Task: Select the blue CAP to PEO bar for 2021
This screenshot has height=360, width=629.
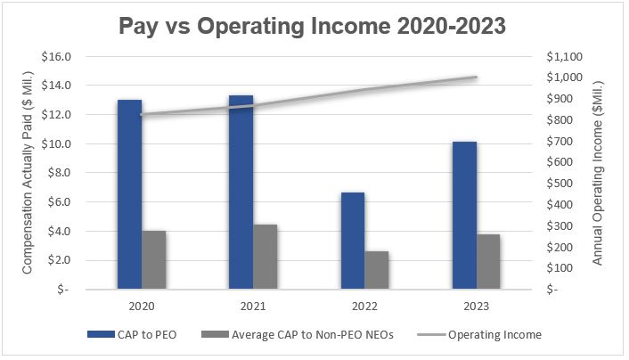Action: click(241, 192)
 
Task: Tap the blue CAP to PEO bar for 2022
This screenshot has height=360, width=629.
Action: click(352, 241)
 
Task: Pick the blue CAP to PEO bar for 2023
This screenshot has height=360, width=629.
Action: click(463, 215)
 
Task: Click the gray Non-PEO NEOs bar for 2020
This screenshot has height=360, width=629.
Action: click(154, 260)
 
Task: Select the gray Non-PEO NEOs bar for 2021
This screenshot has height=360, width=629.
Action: click(265, 257)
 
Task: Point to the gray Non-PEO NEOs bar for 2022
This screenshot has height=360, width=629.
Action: click(377, 270)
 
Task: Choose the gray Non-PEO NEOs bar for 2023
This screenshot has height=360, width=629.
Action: click(488, 262)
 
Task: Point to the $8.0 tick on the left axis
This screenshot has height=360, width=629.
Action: click(61, 173)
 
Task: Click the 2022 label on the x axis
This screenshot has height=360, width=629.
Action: click(364, 305)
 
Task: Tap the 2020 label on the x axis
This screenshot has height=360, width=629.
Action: click(141, 305)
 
